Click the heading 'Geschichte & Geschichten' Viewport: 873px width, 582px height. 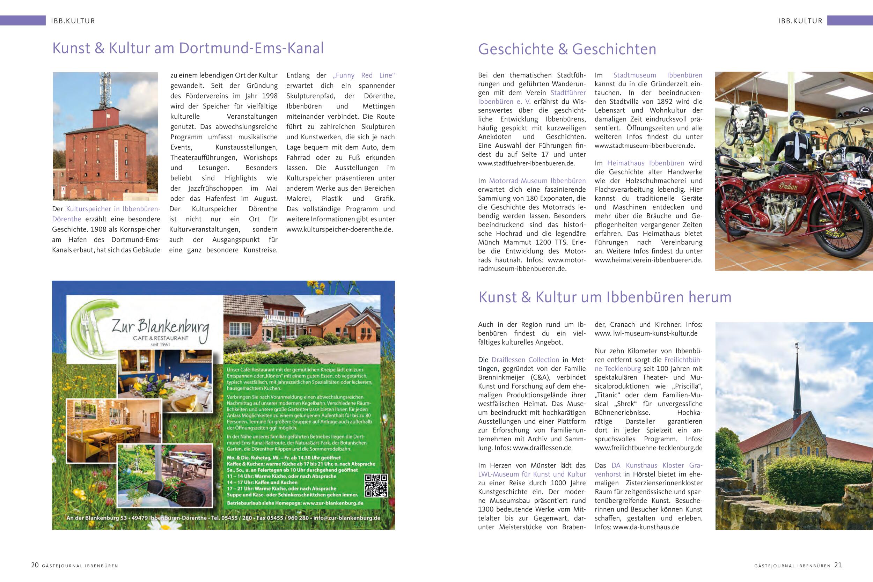[567, 49]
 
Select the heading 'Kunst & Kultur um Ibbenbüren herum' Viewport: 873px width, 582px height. [605, 297]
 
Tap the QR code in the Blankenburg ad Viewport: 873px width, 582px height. [376, 486]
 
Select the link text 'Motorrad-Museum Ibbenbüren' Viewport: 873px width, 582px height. [537, 181]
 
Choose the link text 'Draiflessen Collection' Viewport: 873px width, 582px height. [525, 360]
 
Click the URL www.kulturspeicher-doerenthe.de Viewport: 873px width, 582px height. [339, 229]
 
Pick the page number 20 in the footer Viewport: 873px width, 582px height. [35, 565]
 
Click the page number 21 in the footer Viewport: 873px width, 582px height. [838, 565]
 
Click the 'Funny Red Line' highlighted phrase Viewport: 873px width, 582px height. [364, 75]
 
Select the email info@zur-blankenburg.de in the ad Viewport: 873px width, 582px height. [347, 518]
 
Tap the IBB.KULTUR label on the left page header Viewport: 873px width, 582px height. [73, 21]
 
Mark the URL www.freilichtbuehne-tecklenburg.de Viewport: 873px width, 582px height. [648, 448]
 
